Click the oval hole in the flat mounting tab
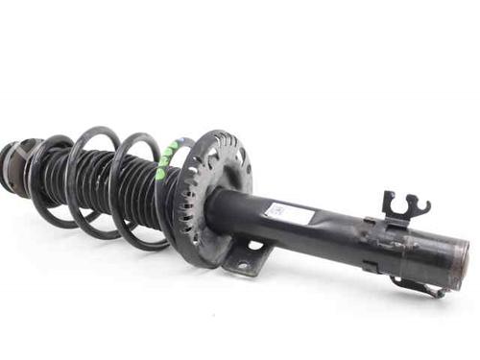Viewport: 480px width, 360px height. point(255,247)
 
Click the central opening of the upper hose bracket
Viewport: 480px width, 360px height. point(401,204)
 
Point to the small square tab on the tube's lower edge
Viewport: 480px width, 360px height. point(371,266)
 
